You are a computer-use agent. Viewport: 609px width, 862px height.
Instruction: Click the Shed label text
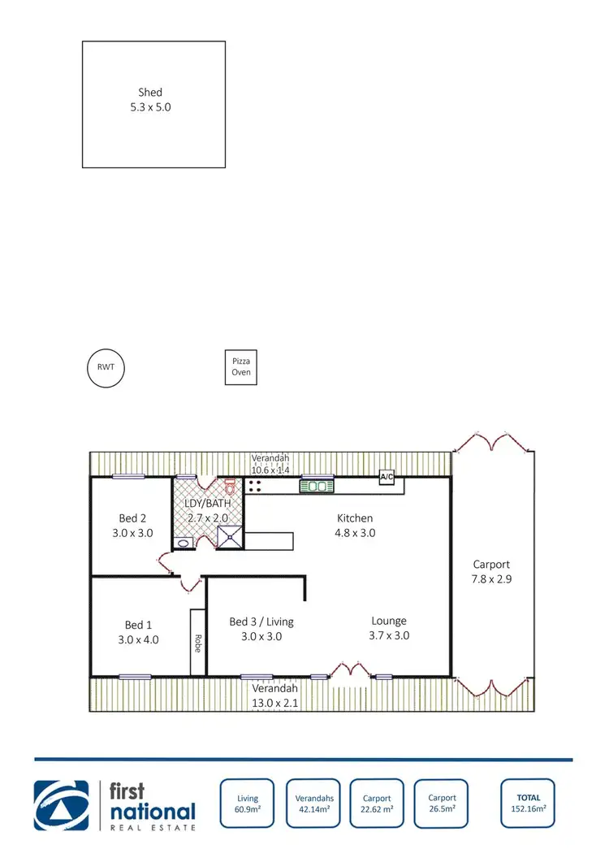click(x=150, y=93)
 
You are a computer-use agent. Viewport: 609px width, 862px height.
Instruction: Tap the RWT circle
click(x=106, y=367)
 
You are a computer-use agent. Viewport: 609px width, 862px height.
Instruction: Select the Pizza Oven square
click(x=241, y=367)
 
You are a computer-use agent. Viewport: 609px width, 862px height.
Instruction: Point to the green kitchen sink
click(x=316, y=487)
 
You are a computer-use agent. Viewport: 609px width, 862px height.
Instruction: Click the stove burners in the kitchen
click(x=255, y=487)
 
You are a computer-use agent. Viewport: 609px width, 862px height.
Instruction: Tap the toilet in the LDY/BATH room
click(x=230, y=487)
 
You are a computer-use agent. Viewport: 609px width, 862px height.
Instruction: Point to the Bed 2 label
click(x=132, y=518)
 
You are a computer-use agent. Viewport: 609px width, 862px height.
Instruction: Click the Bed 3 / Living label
click(x=261, y=622)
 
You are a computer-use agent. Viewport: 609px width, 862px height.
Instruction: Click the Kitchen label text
click(x=355, y=518)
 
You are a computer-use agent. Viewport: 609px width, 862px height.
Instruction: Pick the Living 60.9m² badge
click(x=248, y=804)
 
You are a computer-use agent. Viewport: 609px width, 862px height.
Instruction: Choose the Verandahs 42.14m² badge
click(x=313, y=804)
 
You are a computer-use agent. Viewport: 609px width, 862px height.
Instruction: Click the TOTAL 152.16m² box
click(x=528, y=804)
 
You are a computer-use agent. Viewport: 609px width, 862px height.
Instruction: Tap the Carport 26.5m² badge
click(x=442, y=804)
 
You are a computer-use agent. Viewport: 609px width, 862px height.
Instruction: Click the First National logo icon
click(x=62, y=805)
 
